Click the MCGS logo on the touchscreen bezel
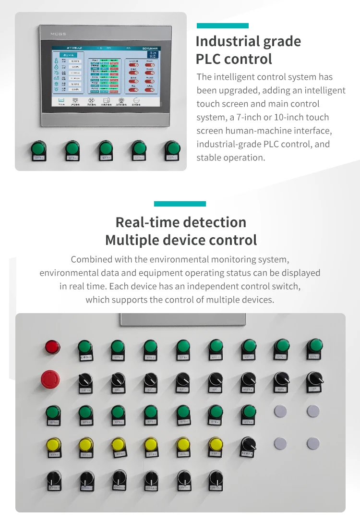point(57,34)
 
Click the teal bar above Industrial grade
point(223,25)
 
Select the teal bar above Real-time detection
point(180,204)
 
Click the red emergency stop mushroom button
point(50,378)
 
